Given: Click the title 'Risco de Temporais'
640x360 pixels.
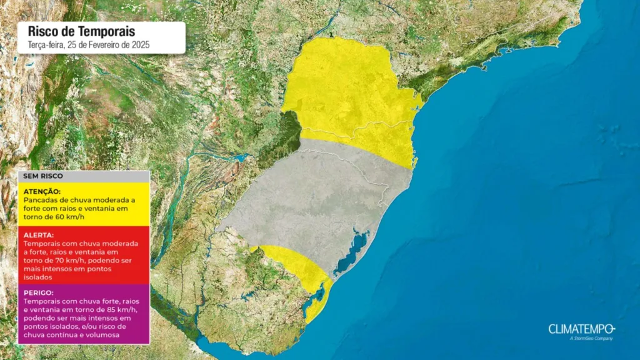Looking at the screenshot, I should [81, 31].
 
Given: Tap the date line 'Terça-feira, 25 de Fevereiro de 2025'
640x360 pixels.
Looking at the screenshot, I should [89, 45].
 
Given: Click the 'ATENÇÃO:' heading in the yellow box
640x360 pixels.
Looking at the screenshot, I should [42, 191].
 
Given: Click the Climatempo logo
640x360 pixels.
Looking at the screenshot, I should [582, 329].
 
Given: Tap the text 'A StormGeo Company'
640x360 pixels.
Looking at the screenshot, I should [591, 339].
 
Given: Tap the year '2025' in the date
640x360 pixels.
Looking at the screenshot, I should [140, 45].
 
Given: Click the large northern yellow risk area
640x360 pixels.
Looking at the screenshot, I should [350, 94].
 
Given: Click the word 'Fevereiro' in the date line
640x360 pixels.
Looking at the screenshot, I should [109, 45].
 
